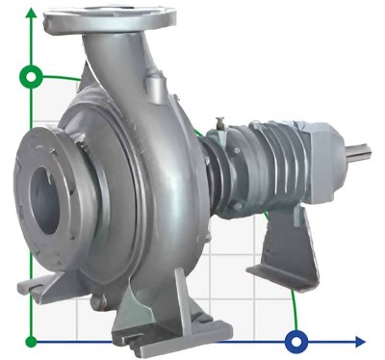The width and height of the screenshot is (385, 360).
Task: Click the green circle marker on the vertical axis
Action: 34,76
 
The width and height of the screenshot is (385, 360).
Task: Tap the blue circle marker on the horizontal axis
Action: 297,341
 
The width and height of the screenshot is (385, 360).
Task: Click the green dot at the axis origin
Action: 33,341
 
